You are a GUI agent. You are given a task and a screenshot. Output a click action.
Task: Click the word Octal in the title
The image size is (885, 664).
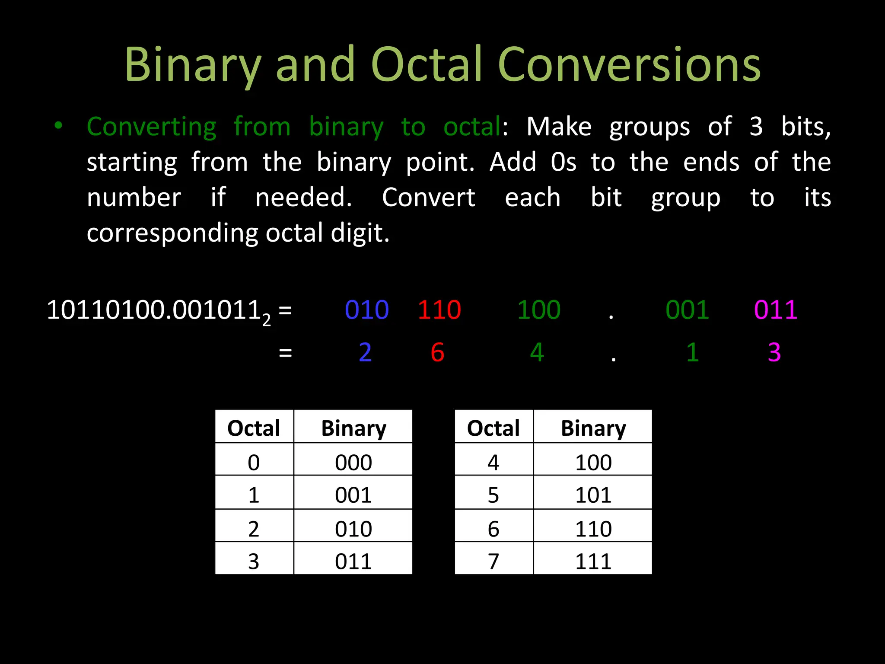coord(426,65)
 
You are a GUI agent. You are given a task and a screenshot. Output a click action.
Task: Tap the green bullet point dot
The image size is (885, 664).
coord(58,126)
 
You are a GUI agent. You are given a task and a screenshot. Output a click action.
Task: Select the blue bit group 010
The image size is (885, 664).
coord(367,310)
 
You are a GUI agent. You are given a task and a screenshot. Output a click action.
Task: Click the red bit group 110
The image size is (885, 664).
coord(439,310)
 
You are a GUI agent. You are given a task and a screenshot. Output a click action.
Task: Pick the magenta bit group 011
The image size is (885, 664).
coord(776,310)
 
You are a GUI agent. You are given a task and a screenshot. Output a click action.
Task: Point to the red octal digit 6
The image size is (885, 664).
coord(437,352)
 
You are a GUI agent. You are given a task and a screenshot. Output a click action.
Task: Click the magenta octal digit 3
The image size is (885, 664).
coord(774,352)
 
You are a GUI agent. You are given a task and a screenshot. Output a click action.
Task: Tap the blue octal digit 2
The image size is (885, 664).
coord(365,352)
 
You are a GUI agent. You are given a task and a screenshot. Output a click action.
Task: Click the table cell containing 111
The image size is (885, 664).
coord(593,561)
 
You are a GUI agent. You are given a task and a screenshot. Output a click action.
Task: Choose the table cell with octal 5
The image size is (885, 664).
coord(493,495)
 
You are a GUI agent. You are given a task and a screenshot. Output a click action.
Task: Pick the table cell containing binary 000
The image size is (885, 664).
coord(353,462)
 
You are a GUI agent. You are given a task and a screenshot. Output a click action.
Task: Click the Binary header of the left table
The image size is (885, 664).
coord(353,428)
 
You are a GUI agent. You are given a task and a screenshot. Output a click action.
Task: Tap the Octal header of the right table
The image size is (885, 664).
coord(493,428)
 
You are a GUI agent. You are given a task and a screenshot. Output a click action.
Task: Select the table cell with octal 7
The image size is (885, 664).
coord(493,561)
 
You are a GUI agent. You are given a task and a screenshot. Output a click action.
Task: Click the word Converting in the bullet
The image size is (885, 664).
coord(151,127)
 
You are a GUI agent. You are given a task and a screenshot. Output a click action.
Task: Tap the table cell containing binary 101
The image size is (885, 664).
coord(593,495)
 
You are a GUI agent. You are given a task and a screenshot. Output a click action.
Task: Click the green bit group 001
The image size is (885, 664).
coord(687,310)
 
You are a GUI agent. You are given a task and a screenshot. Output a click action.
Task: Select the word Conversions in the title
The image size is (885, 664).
coord(629,65)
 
